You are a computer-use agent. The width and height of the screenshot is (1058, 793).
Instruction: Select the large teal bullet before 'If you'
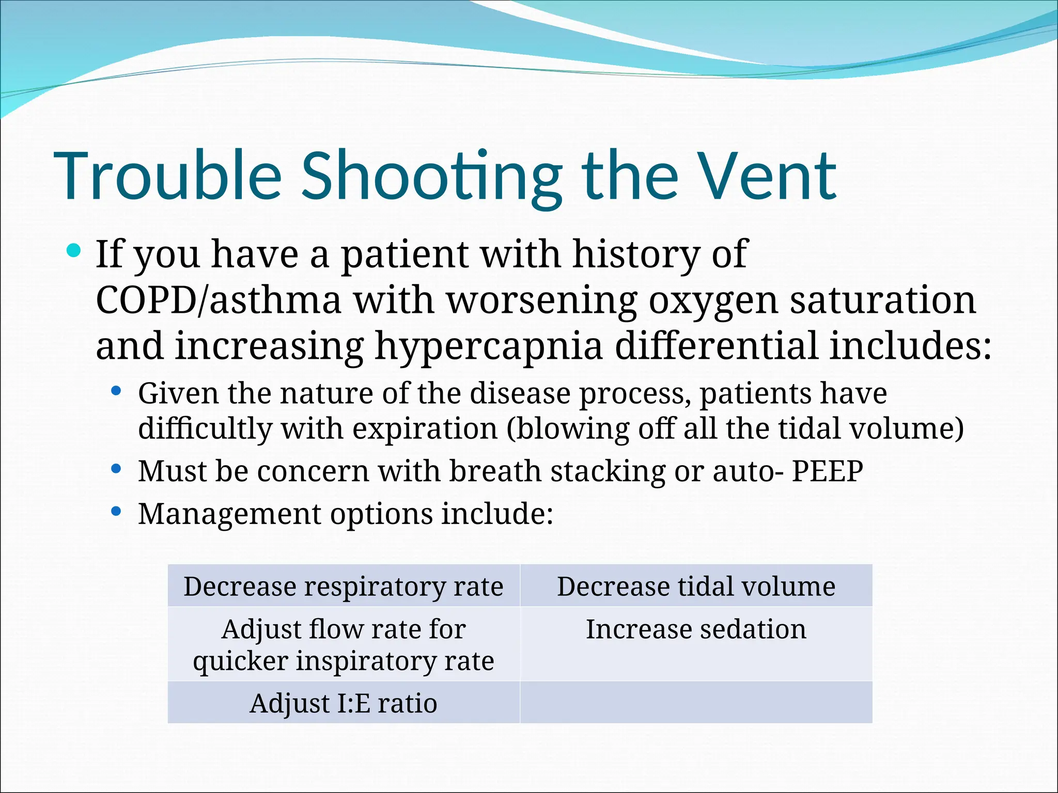pos(74,251)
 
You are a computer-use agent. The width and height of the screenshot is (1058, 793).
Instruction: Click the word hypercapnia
pos(489,346)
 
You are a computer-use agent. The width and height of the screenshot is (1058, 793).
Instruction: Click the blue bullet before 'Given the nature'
pos(116,391)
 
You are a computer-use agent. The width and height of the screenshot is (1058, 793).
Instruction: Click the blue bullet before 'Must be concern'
pos(116,469)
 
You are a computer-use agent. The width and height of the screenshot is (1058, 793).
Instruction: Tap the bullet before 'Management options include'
pos(116,512)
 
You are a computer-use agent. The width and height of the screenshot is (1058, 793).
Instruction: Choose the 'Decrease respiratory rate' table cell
pos(344,586)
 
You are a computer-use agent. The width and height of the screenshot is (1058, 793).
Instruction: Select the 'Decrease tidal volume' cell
pos(696,586)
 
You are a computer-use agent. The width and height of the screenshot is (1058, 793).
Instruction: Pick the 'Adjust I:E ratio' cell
pos(344,703)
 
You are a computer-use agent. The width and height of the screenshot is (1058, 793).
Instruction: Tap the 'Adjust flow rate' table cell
pos(344,644)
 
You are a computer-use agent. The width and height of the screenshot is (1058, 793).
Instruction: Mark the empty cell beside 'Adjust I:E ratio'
pos(696,703)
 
